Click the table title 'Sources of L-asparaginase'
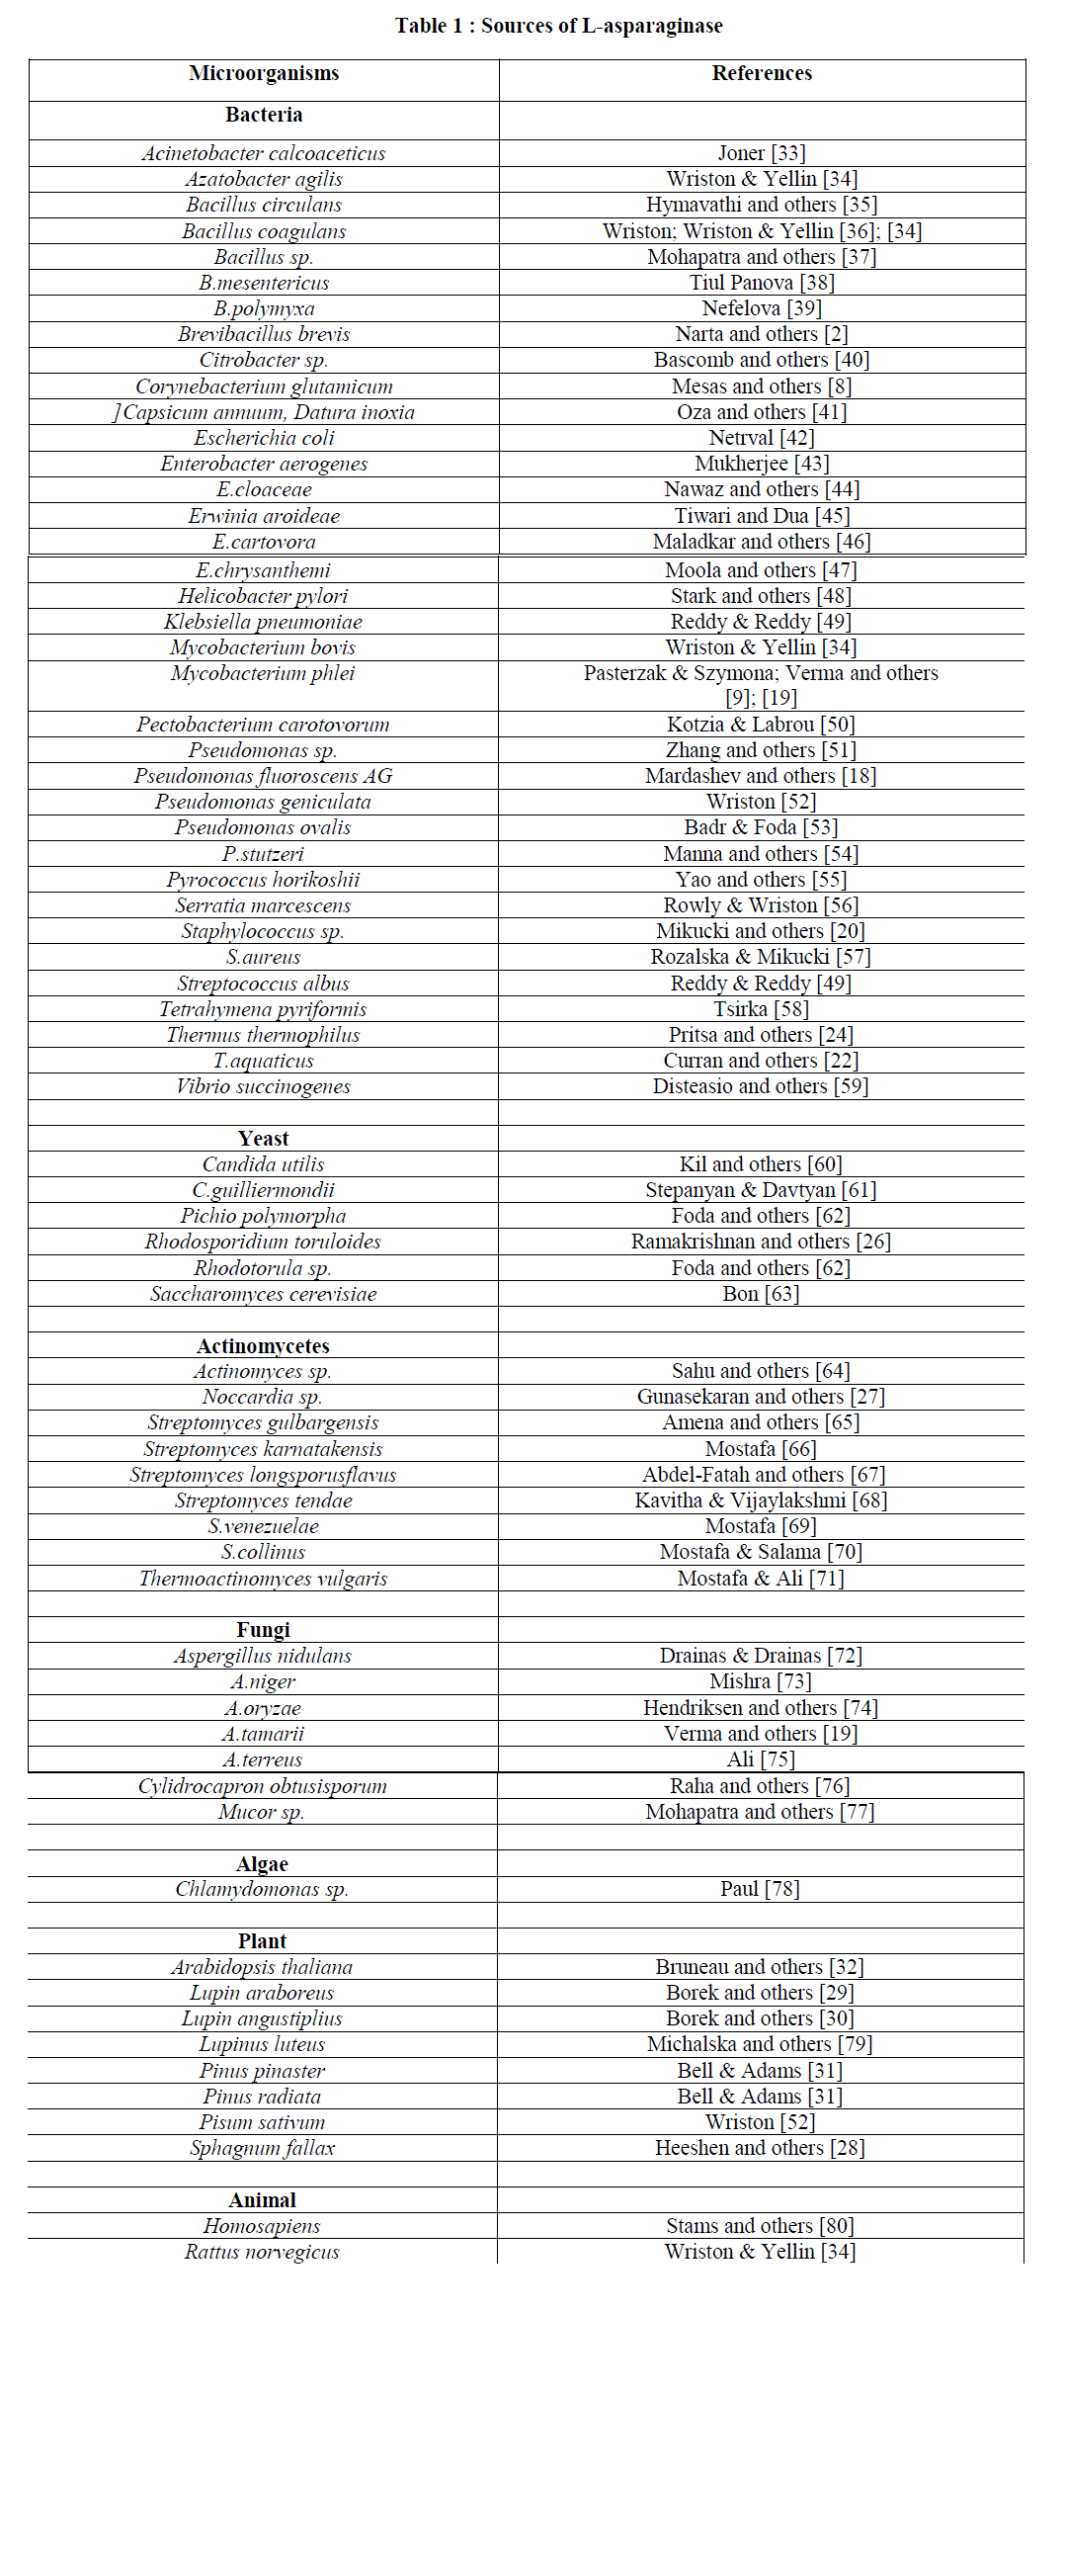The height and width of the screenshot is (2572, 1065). [601, 26]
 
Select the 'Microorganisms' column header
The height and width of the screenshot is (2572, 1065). [264, 73]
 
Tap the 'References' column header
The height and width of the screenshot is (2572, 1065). [762, 73]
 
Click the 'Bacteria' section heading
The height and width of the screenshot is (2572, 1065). [264, 115]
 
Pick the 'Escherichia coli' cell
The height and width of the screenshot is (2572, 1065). [264, 438]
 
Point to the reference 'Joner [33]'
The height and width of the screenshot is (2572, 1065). [762, 153]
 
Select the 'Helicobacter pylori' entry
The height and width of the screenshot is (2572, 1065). [263, 596]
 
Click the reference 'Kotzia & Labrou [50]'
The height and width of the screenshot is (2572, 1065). [761, 725]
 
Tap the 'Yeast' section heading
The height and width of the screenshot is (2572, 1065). [263, 1139]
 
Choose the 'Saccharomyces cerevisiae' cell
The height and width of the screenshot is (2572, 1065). [263, 1294]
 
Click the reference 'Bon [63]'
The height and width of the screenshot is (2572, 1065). [761, 1294]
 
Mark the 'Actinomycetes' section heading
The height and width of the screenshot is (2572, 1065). [263, 1346]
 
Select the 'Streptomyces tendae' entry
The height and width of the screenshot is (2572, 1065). [263, 1500]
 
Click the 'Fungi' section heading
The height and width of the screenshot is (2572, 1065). [263, 1629]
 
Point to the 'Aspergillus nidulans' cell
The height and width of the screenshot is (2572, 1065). [263, 1656]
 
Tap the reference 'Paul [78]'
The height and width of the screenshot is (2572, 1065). [760, 1889]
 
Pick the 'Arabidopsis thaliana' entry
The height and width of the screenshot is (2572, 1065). [262, 1967]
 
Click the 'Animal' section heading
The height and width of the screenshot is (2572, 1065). [262, 2200]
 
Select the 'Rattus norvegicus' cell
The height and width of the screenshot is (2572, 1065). [262, 2252]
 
